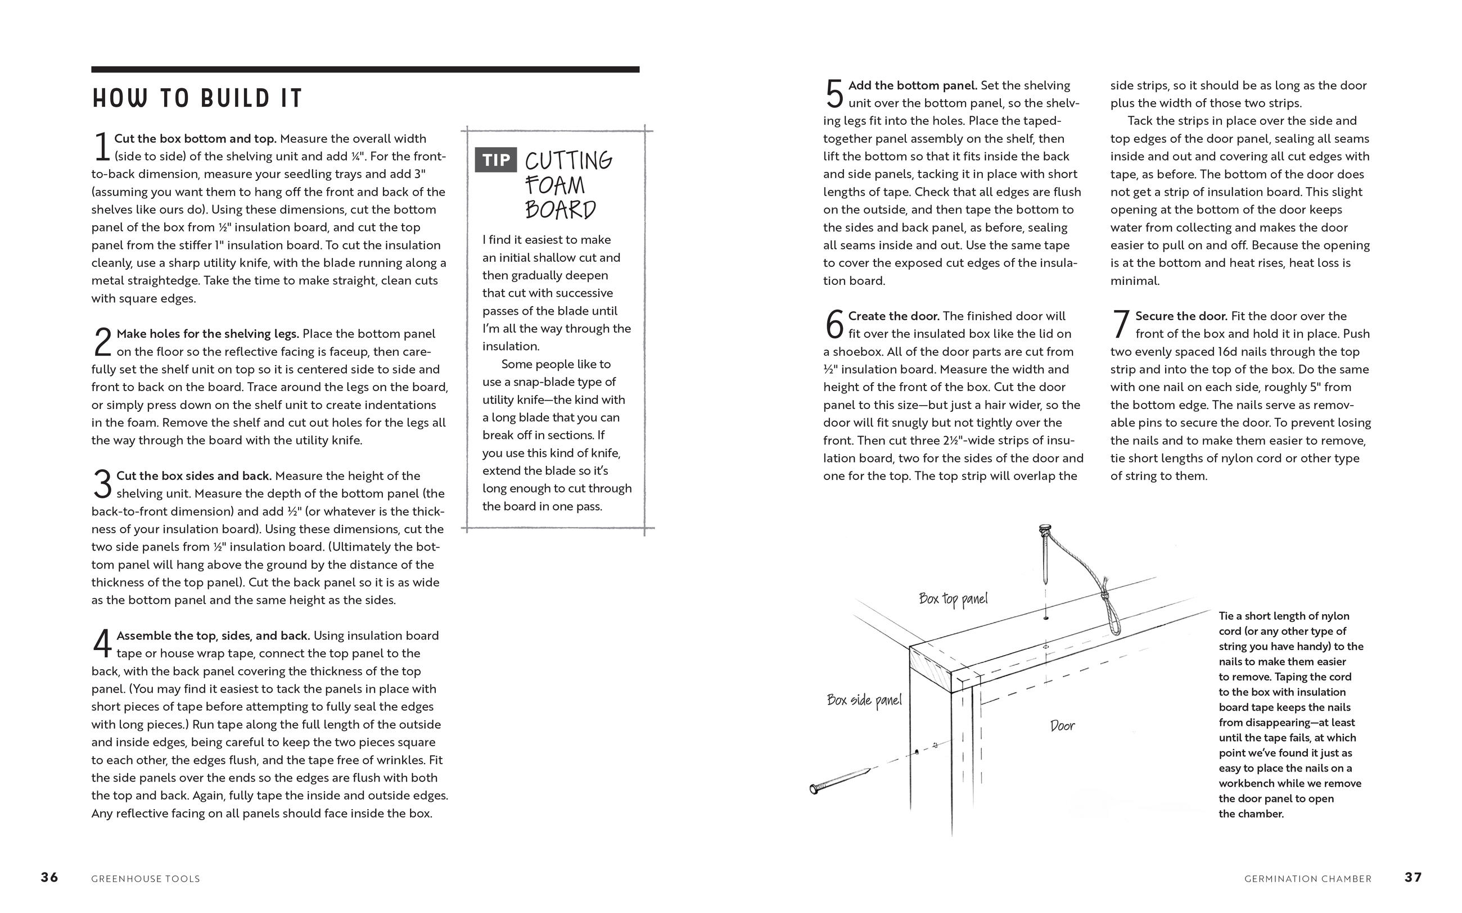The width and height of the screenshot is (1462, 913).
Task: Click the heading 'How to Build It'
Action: click(197, 98)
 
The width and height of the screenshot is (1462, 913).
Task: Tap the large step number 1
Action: click(101, 147)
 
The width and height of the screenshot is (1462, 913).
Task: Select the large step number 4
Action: click(102, 644)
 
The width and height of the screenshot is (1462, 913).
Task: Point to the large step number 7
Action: click(1121, 324)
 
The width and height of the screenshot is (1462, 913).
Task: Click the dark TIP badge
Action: click(495, 160)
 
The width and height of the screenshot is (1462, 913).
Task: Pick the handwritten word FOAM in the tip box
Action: click(554, 185)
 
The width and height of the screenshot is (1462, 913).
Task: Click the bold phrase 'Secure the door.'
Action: click(1181, 316)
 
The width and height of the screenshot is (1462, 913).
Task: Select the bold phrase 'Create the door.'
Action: click(894, 316)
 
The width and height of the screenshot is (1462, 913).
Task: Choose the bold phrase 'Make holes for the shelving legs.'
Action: click(207, 333)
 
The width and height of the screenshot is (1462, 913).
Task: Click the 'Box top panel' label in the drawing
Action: click(953, 598)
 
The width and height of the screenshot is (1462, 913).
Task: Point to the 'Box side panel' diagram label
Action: click(864, 700)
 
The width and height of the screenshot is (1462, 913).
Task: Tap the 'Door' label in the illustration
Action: click(1062, 725)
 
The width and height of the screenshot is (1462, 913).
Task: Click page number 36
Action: click(49, 878)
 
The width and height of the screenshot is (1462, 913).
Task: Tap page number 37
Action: click(1413, 878)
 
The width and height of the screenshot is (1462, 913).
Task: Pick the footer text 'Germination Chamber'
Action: click(1308, 879)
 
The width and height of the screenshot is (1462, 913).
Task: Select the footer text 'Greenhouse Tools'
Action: click(146, 879)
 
